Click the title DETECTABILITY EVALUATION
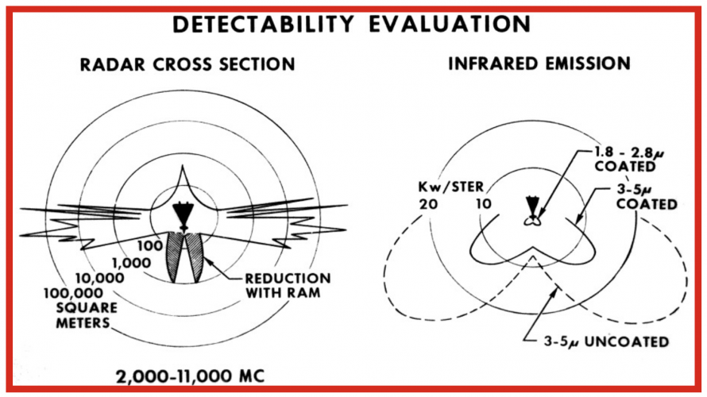(x=353, y=24)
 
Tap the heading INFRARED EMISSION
(x=539, y=64)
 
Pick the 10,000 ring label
(x=99, y=279)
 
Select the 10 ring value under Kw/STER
(x=483, y=204)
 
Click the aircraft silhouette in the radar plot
(x=182, y=213)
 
